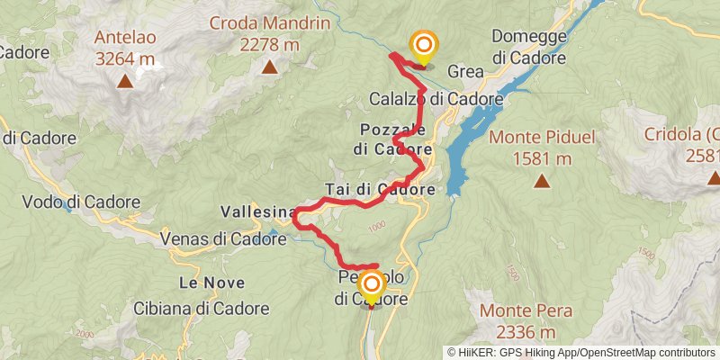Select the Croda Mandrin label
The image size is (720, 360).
coord(269,22)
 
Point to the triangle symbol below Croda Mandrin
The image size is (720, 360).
coord(269,67)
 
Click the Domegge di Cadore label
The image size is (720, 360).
coord(529,48)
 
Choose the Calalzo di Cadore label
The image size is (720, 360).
coord(436,98)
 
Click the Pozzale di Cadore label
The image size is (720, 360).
coord(393,139)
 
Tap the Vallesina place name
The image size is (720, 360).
coord(258,212)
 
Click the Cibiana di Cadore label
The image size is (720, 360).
coord(201,308)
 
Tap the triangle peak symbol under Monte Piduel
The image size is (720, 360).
coord(542,181)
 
